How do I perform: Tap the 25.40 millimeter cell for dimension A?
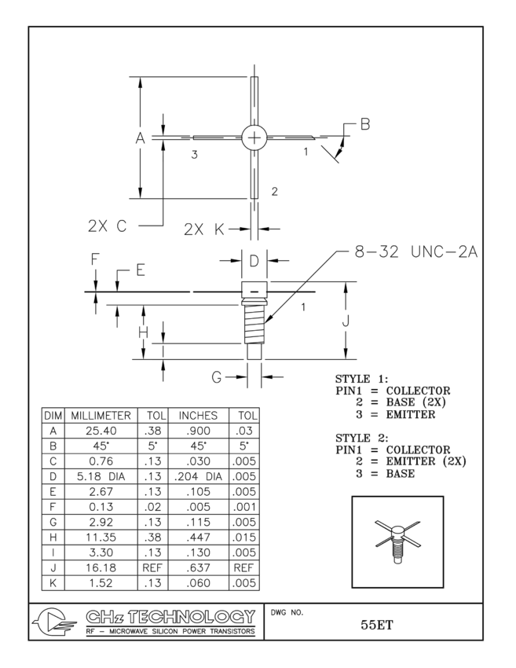102,431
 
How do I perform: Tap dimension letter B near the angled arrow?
364,123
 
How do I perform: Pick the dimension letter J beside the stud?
346,321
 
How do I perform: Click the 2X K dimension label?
203,229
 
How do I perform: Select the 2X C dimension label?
107,226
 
